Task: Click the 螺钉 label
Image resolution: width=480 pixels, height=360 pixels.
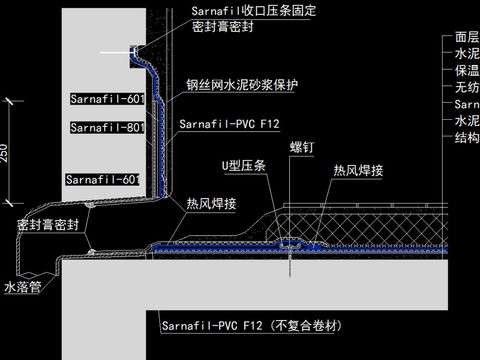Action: click(302, 146)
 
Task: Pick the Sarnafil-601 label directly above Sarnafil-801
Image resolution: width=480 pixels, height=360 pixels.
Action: click(107, 99)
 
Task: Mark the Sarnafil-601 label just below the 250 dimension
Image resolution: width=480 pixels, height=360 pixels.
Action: click(102, 179)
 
